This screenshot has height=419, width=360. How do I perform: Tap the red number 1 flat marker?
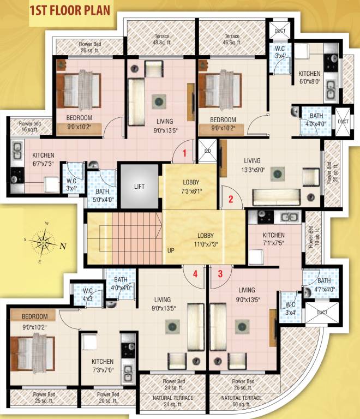tap(185, 153)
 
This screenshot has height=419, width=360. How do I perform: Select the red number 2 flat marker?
tap(231, 199)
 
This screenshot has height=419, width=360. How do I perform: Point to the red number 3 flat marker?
tap(220, 274)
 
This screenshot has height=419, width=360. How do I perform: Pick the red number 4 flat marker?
tap(195, 274)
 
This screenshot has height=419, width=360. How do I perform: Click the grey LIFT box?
tap(140, 186)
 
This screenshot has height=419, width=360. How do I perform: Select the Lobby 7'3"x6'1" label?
tap(191, 186)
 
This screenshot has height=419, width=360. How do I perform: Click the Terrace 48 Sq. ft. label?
tap(161, 39)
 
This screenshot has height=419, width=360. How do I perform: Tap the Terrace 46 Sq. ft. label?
tap(232, 39)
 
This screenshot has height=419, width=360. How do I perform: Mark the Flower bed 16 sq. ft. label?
tap(27, 127)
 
